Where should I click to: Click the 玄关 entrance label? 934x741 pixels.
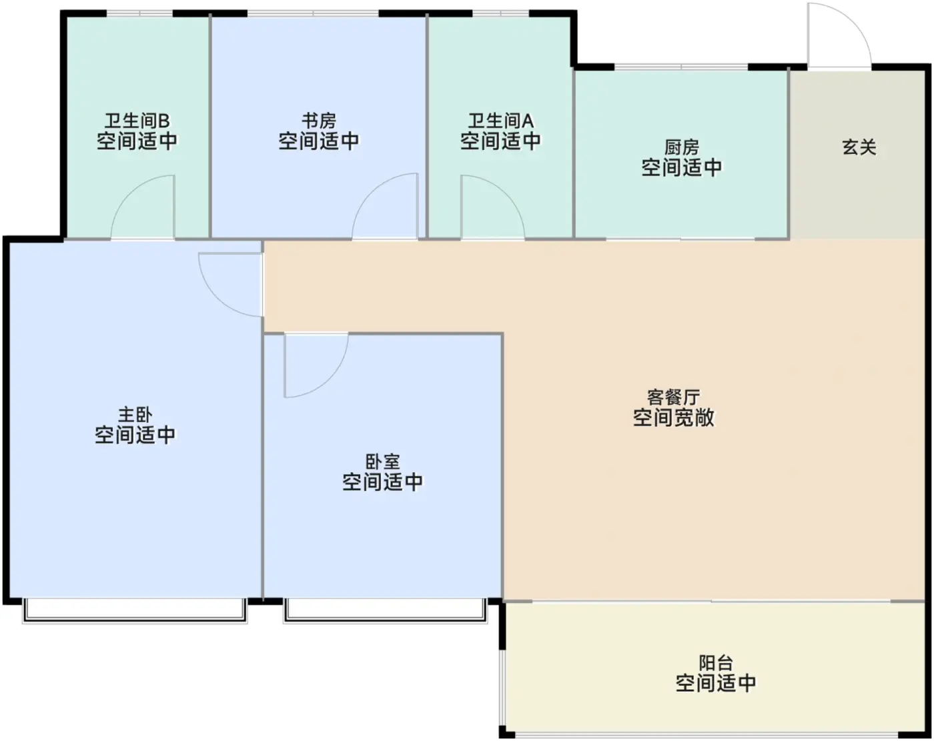tap(859, 147)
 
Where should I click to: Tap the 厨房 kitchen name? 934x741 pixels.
tap(682, 147)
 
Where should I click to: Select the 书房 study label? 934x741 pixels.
tap(319, 121)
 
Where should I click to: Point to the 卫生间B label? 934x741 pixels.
tap(137, 121)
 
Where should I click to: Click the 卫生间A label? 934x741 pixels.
tap(501, 121)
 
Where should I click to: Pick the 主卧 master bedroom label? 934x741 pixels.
tap(135, 415)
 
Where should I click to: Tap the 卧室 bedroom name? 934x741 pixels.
tap(382, 462)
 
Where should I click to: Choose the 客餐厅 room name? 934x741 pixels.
tap(674, 397)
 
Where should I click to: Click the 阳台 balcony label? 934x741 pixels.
tap(716, 663)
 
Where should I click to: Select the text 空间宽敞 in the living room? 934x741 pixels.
tap(674, 418)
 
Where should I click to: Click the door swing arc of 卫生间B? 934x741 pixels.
tap(129, 192)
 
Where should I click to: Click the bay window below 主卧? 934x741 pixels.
tap(135, 612)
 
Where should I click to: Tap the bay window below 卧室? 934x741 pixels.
tap(386, 612)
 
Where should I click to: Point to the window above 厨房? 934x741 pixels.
tap(681, 67)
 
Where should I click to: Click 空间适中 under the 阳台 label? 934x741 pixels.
tap(716, 683)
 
